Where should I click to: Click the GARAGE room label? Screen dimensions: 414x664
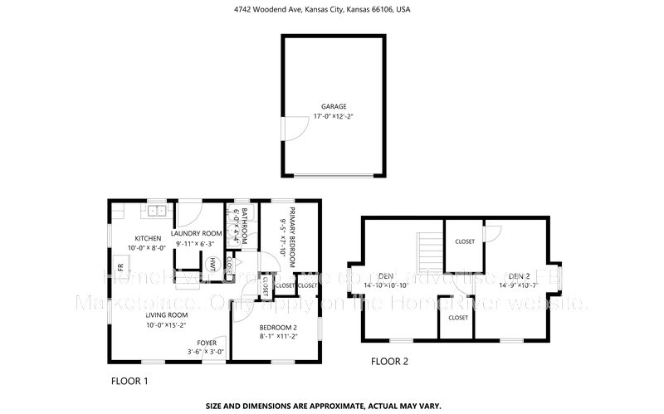pos(334,106)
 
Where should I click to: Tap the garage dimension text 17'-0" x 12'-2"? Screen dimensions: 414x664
pos(334,118)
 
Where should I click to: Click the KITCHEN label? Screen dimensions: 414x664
pos(149,238)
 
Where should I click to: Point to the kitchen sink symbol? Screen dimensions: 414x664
pos(155,212)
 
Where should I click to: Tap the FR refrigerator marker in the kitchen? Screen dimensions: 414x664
pos(120,267)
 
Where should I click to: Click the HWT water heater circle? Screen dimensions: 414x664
pos(213,264)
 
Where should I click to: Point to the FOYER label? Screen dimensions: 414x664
pos(207,342)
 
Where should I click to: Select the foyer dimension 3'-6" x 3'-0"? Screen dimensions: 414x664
pos(207,352)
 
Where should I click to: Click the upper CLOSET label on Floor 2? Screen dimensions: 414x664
pos(465,241)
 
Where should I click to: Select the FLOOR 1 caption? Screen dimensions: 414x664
pos(129,381)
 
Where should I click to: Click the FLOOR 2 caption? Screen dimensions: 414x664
pos(389,361)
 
